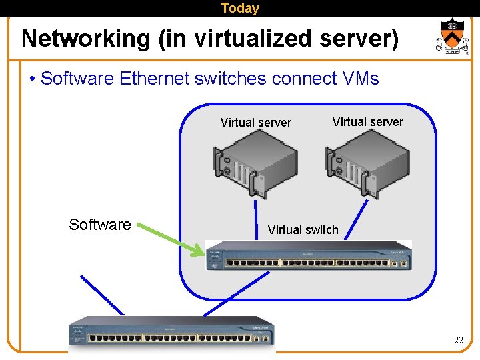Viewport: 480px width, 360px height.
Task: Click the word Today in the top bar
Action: (239, 9)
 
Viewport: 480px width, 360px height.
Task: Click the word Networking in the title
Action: (86, 39)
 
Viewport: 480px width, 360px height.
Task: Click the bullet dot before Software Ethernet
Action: (33, 79)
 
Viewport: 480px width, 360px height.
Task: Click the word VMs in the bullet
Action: (360, 79)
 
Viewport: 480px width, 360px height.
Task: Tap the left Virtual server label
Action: (255, 123)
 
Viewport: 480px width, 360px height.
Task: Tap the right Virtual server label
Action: (367, 122)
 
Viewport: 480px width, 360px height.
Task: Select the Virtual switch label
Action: (303, 230)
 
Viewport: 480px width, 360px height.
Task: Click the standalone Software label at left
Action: (100, 225)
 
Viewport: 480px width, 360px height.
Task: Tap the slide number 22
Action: (458, 341)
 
